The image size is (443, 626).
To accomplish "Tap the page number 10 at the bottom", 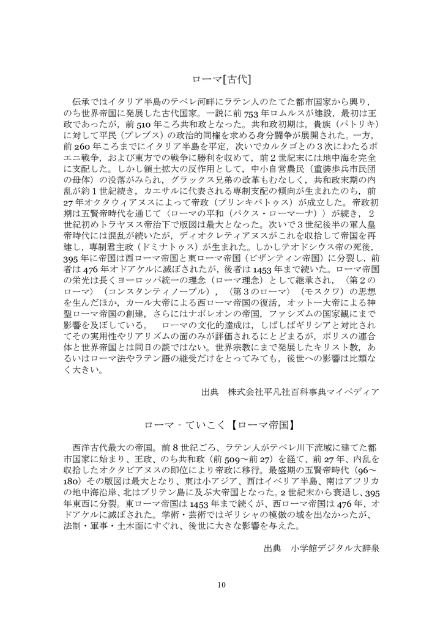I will tap(221, 585).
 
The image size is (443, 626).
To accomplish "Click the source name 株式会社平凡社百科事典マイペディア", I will tap(303, 391).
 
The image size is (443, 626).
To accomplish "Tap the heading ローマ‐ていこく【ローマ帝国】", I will tap(221, 424).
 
